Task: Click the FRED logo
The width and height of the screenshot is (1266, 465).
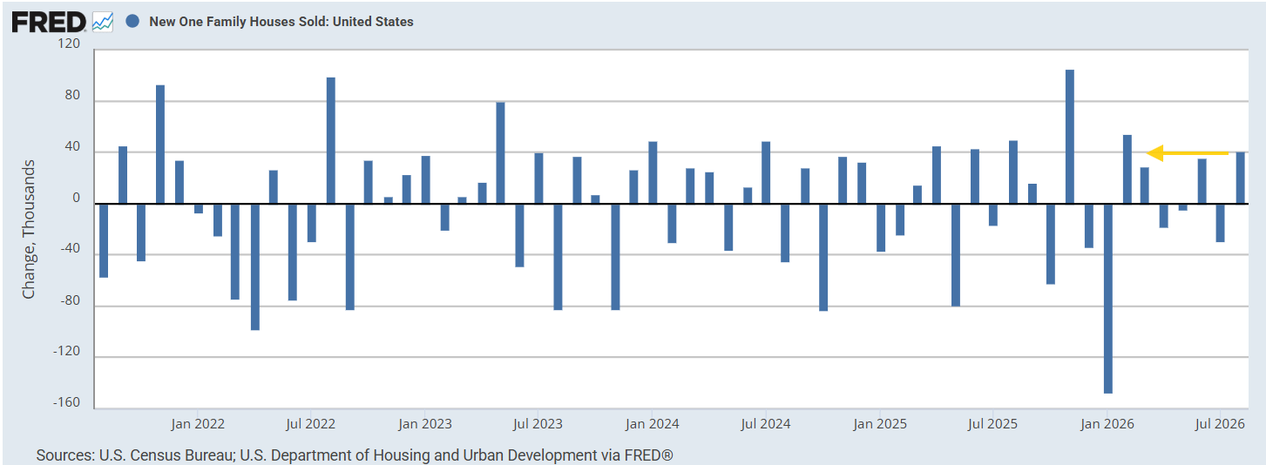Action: coord(49,22)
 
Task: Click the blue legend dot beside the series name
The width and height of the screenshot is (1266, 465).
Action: coord(132,22)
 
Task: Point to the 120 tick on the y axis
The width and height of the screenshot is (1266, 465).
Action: coord(69,44)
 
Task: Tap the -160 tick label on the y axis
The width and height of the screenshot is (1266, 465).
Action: coord(67,402)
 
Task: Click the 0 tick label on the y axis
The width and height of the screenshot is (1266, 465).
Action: coord(77,198)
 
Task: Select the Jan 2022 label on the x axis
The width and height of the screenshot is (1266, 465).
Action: coord(198,424)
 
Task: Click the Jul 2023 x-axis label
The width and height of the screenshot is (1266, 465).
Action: coord(538,424)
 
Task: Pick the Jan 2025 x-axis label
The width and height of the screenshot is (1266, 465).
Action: coord(879,424)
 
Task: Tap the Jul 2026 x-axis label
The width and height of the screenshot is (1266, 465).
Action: coord(1220,424)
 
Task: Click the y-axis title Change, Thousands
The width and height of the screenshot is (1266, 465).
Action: coord(28,229)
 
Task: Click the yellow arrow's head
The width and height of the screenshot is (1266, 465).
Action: coord(1154,152)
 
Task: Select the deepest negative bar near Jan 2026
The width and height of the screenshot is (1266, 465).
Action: coord(1107,299)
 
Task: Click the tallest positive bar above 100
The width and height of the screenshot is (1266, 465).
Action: coord(1070,137)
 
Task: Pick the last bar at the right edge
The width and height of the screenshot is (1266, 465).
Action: coord(1240,178)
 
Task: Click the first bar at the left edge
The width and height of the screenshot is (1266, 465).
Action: coord(104,240)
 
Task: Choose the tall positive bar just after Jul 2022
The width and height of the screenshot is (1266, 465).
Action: coord(330,141)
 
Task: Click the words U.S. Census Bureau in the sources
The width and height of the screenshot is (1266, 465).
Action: coord(166,455)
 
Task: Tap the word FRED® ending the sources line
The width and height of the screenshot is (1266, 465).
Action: coord(648,455)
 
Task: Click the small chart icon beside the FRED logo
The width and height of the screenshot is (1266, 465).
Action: coord(103,22)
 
